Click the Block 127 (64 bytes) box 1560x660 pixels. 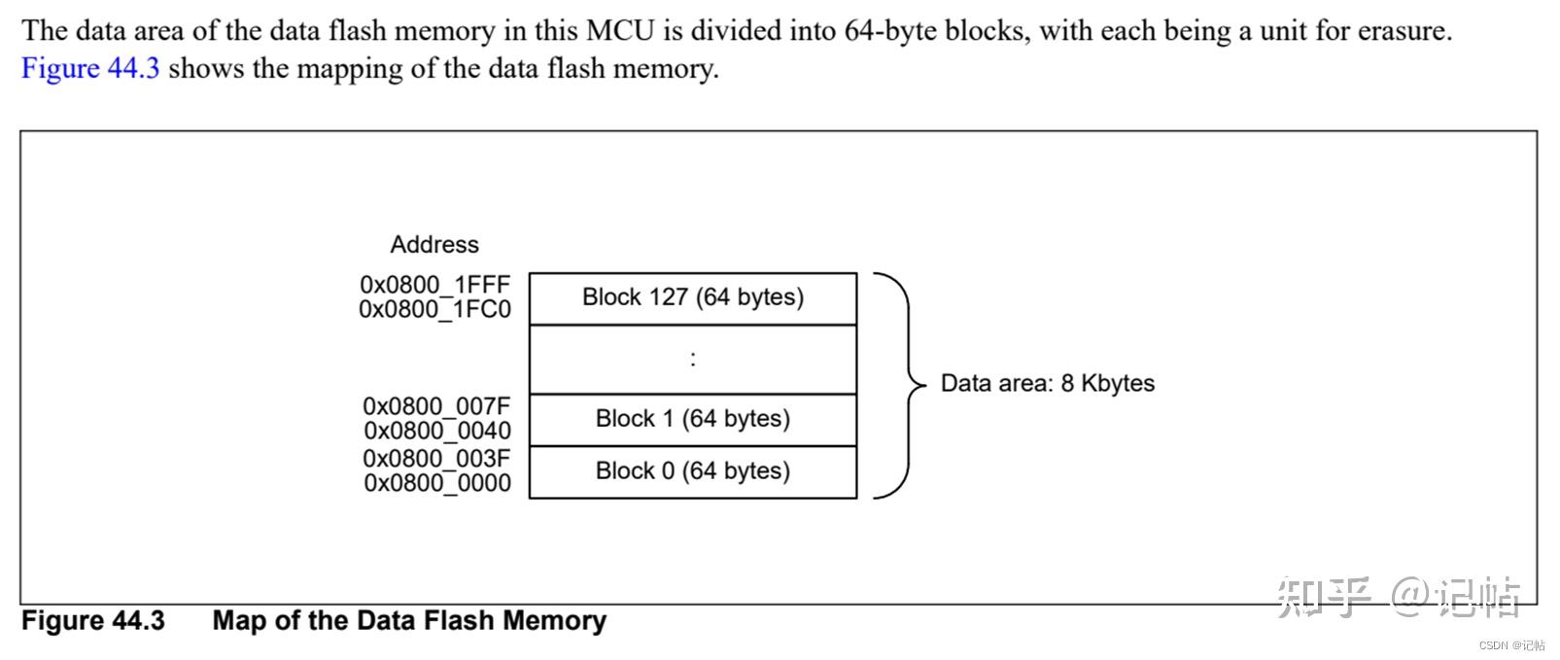point(693,297)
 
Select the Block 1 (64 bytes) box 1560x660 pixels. point(693,419)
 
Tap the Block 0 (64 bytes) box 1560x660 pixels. point(693,471)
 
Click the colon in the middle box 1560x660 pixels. point(693,359)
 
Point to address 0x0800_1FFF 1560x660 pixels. point(434,285)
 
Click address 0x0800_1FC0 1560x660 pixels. point(434,309)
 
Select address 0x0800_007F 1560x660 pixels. point(436,406)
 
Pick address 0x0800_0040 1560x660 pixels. point(436,431)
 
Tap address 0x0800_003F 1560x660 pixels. point(436,458)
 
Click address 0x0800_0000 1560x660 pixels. point(436,483)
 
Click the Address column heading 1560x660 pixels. point(434,245)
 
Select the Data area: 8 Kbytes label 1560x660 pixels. point(1047,383)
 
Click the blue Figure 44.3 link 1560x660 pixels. point(90,69)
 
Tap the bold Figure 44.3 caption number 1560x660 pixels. point(93,621)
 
